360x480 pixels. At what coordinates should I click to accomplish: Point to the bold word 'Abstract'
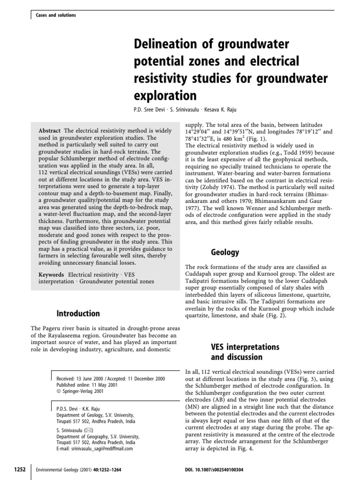tap(50, 130)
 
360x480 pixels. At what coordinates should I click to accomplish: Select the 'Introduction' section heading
tap(78, 313)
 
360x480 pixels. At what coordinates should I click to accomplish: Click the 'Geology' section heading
tap(225, 252)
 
